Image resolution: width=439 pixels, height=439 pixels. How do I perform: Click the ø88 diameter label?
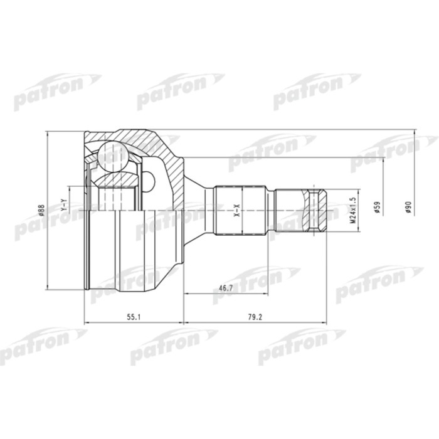[41, 211]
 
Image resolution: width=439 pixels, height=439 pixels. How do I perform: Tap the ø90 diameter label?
[408, 208]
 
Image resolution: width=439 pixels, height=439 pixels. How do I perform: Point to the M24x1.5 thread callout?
[354, 210]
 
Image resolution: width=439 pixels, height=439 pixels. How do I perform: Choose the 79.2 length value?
[254, 317]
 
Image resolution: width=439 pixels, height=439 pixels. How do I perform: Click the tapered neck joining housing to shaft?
[199, 209]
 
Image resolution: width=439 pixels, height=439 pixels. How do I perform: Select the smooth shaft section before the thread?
[291, 210]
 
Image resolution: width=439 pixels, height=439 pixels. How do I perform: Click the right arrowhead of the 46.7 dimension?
[265, 293]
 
